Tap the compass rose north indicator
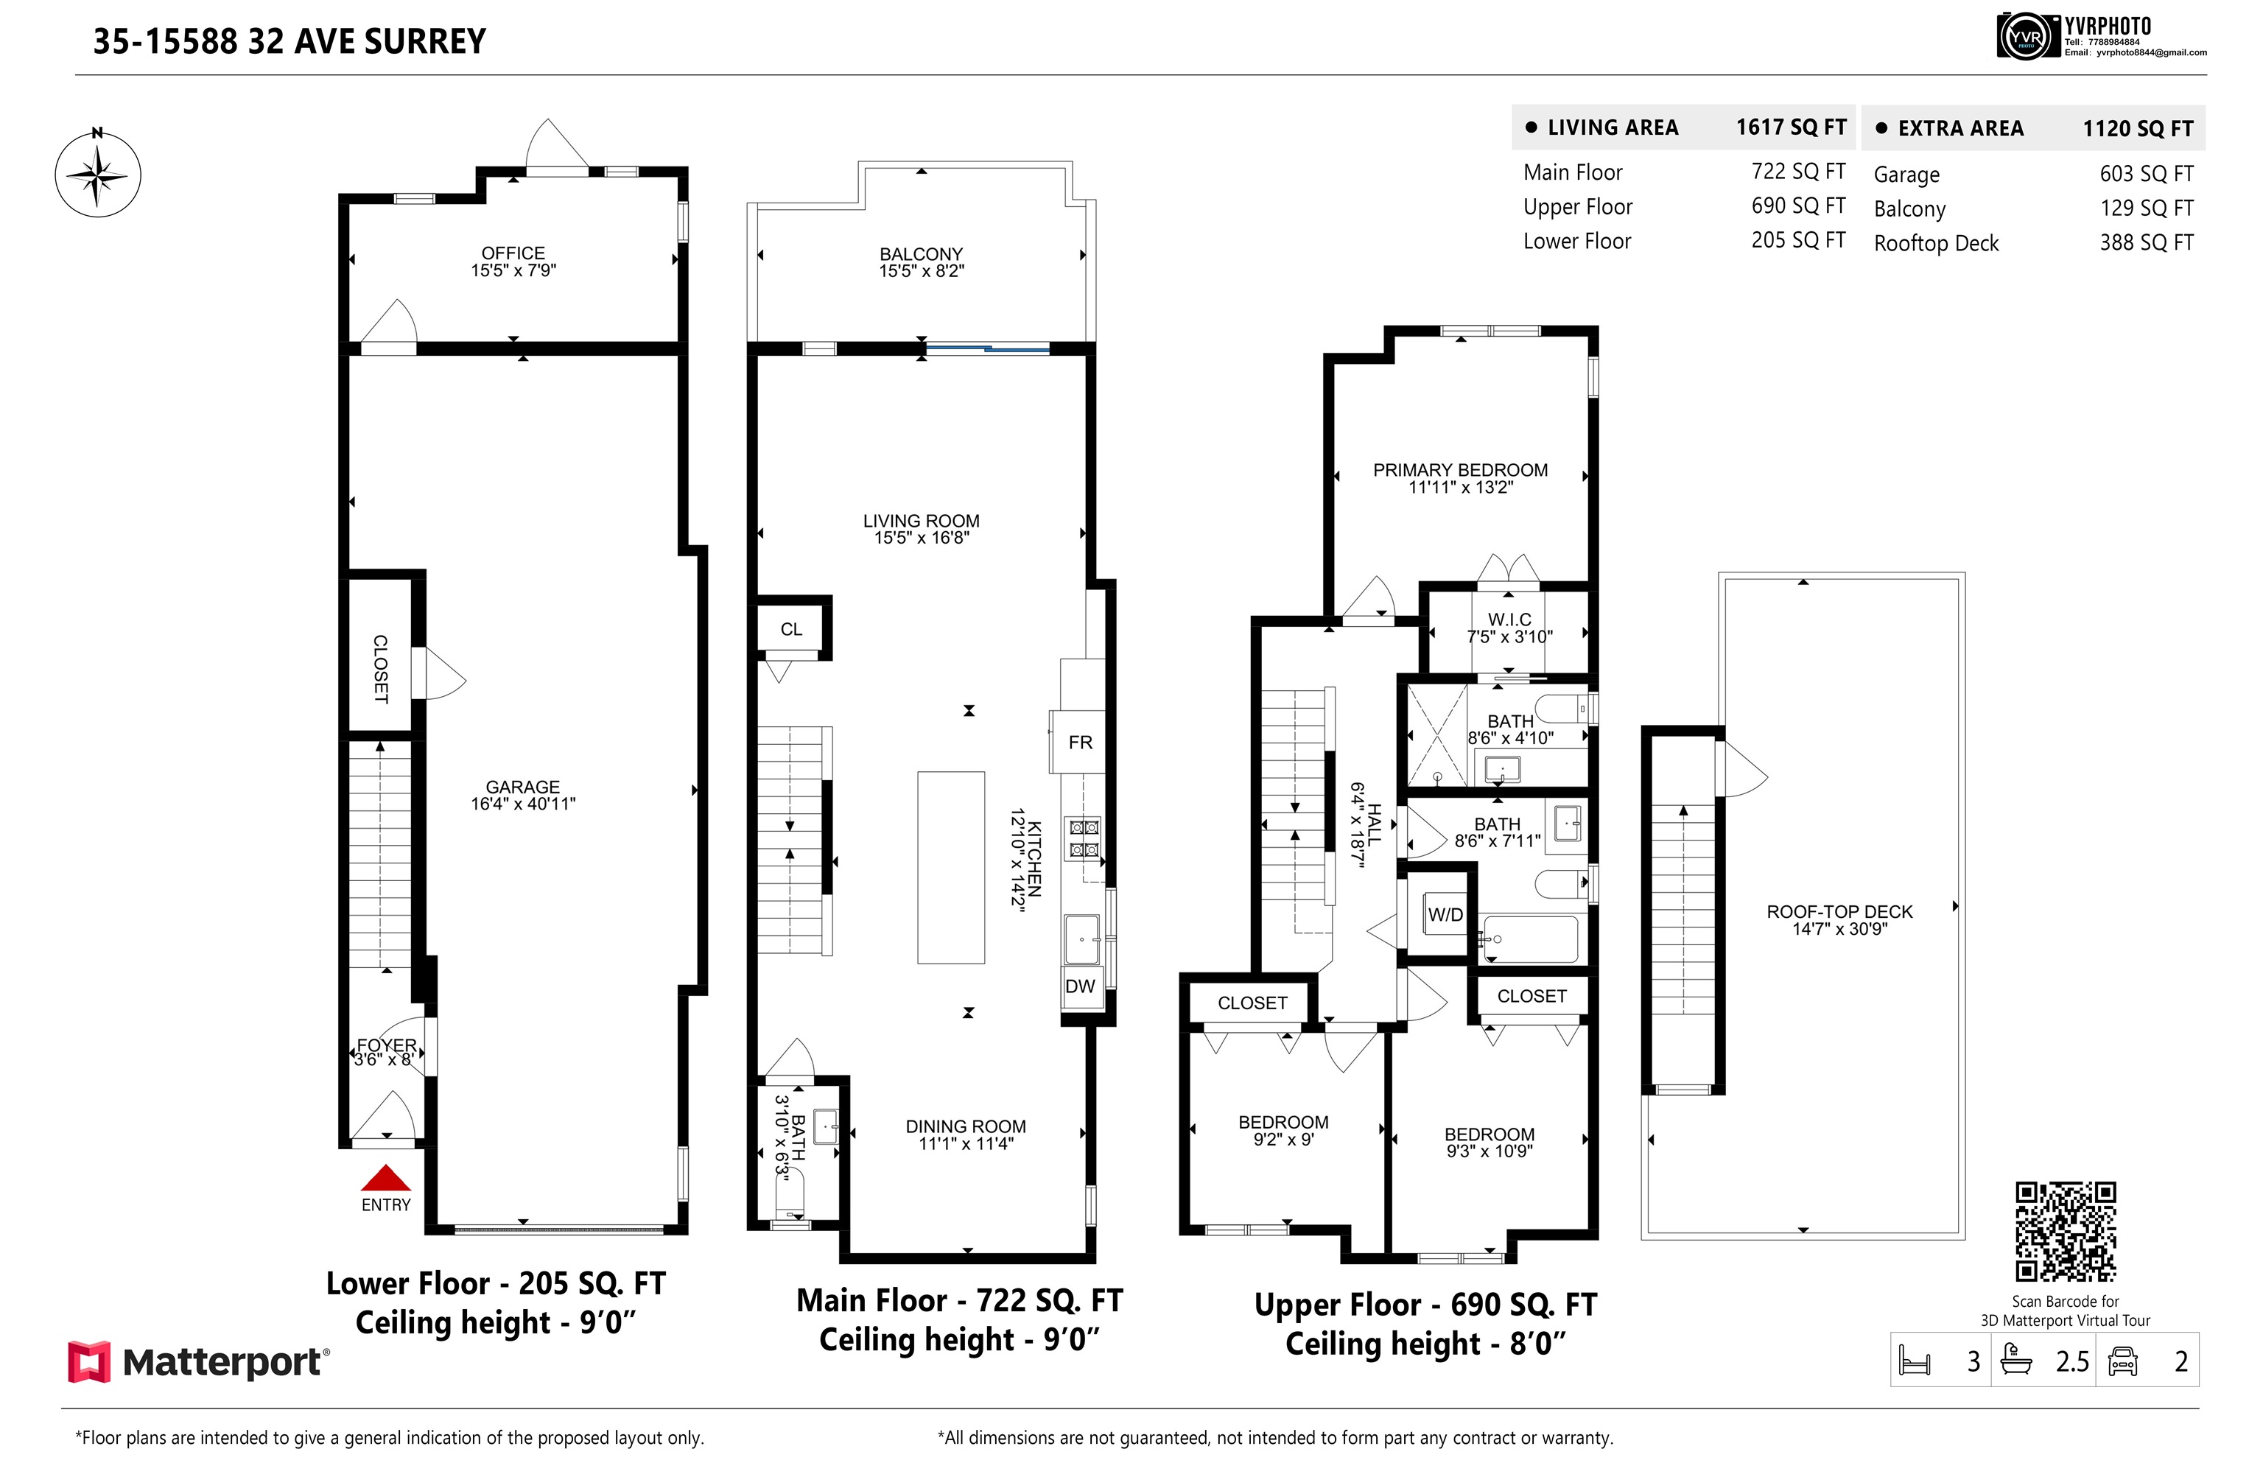click(97, 174)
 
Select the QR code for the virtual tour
click(2066, 1232)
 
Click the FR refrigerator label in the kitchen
click(1079, 742)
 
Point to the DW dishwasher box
click(1080, 986)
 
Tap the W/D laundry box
click(1445, 914)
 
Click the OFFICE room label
click(513, 253)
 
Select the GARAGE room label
click(522, 787)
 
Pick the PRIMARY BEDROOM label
click(1460, 470)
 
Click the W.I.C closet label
click(1509, 620)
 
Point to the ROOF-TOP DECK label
click(1839, 911)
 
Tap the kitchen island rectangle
click(950, 867)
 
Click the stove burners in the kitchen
click(1084, 838)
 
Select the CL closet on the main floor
click(791, 629)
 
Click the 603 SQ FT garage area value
click(2146, 174)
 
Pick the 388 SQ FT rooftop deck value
click(2146, 242)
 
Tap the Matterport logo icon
click(89, 1362)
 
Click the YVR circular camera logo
click(2026, 37)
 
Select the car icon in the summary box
click(2122, 1361)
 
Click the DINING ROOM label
click(965, 1126)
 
